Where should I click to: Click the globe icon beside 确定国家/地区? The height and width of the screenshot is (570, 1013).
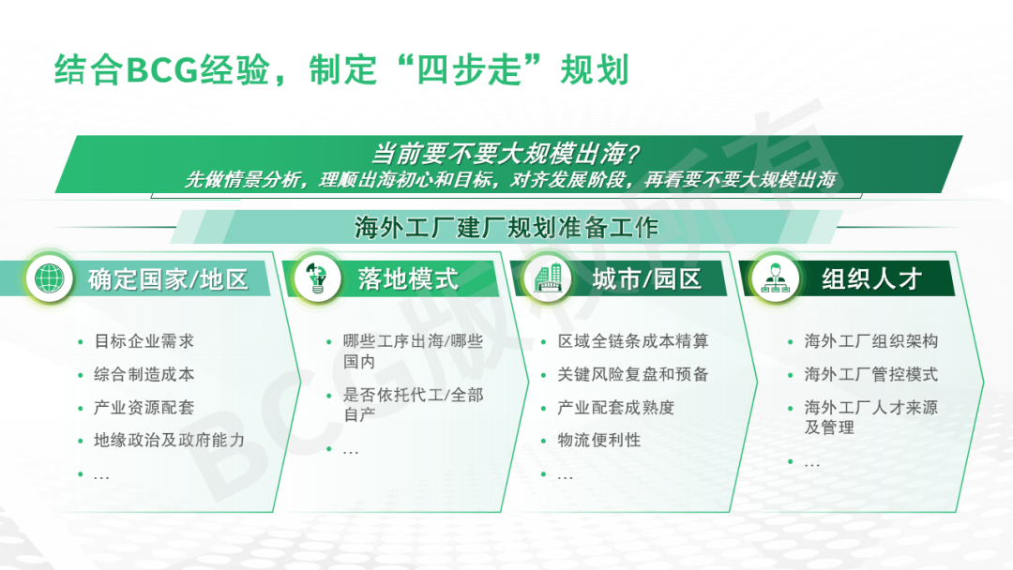click(x=50, y=278)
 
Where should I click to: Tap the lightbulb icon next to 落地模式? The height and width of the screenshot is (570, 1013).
click(x=317, y=278)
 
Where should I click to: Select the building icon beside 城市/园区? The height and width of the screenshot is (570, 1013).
click(x=548, y=278)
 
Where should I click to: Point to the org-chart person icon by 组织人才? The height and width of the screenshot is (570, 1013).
click(x=776, y=278)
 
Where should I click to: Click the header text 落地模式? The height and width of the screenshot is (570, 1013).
click(x=408, y=278)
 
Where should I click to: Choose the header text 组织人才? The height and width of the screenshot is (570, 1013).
click(x=870, y=278)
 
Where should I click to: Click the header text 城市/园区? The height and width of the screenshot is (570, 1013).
click(x=646, y=278)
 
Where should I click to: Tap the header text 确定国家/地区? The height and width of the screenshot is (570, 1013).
click(x=168, y=279)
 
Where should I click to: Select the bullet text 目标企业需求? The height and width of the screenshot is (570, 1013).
click(x=144, y=341)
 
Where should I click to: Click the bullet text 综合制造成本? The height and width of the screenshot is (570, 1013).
click(x=144, y=374)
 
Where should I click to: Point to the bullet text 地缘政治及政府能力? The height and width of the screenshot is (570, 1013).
click(x=169, y=441)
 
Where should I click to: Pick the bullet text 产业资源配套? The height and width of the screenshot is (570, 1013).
click(x=144, y=407)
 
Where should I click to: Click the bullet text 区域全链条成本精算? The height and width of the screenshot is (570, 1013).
click(x=633, y=341)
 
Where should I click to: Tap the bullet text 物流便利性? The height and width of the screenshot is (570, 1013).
click(x=598, y=441)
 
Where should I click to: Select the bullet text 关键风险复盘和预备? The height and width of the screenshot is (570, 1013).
click(x=633, y=374)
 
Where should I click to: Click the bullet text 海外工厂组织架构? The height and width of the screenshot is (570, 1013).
click(x=870, y=341)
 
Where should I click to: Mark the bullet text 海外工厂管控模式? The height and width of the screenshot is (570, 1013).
click(x=870, y=374)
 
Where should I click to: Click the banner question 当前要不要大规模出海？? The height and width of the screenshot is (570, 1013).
click(x=506, y=154)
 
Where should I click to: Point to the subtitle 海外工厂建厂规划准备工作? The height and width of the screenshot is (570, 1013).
click(x=506, y=227)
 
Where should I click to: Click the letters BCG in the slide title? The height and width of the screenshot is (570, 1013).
click(x=161, y=69)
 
